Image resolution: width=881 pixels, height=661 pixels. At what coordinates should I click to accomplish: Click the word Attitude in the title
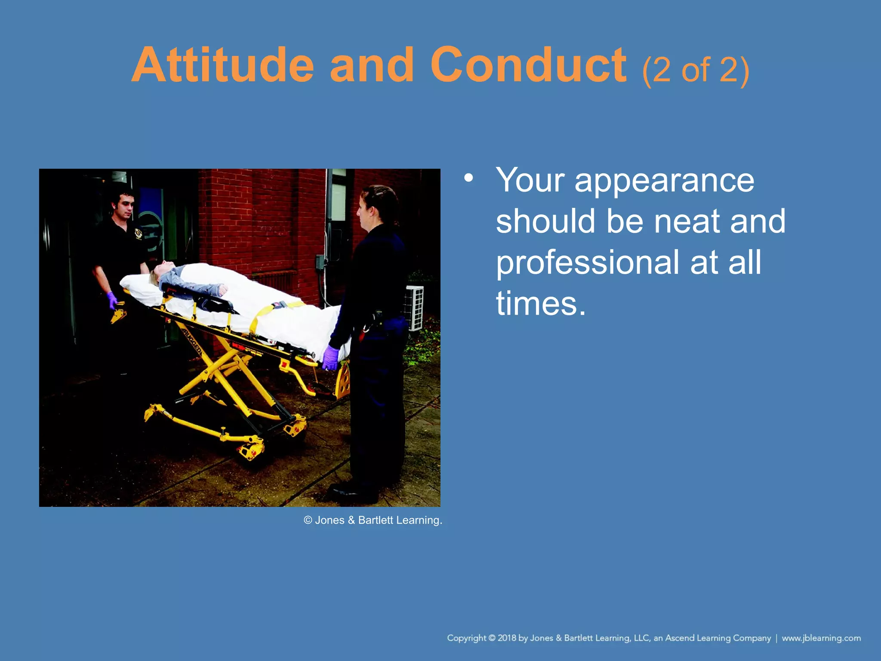223,65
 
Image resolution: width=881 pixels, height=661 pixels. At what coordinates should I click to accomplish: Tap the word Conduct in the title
528,65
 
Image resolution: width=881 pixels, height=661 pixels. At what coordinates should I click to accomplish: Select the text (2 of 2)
696,70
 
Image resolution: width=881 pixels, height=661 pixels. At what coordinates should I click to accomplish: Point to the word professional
588,263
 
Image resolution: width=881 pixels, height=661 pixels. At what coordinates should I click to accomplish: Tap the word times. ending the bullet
541,304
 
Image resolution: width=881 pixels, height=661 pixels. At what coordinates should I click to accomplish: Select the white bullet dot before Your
468,178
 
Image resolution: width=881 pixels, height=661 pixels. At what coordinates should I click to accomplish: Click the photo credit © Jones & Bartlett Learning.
373,520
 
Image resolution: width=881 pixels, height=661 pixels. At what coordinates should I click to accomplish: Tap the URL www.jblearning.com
821,638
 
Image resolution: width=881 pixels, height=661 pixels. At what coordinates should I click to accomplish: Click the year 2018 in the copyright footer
507,638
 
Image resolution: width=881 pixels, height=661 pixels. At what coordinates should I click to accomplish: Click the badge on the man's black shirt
138,234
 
